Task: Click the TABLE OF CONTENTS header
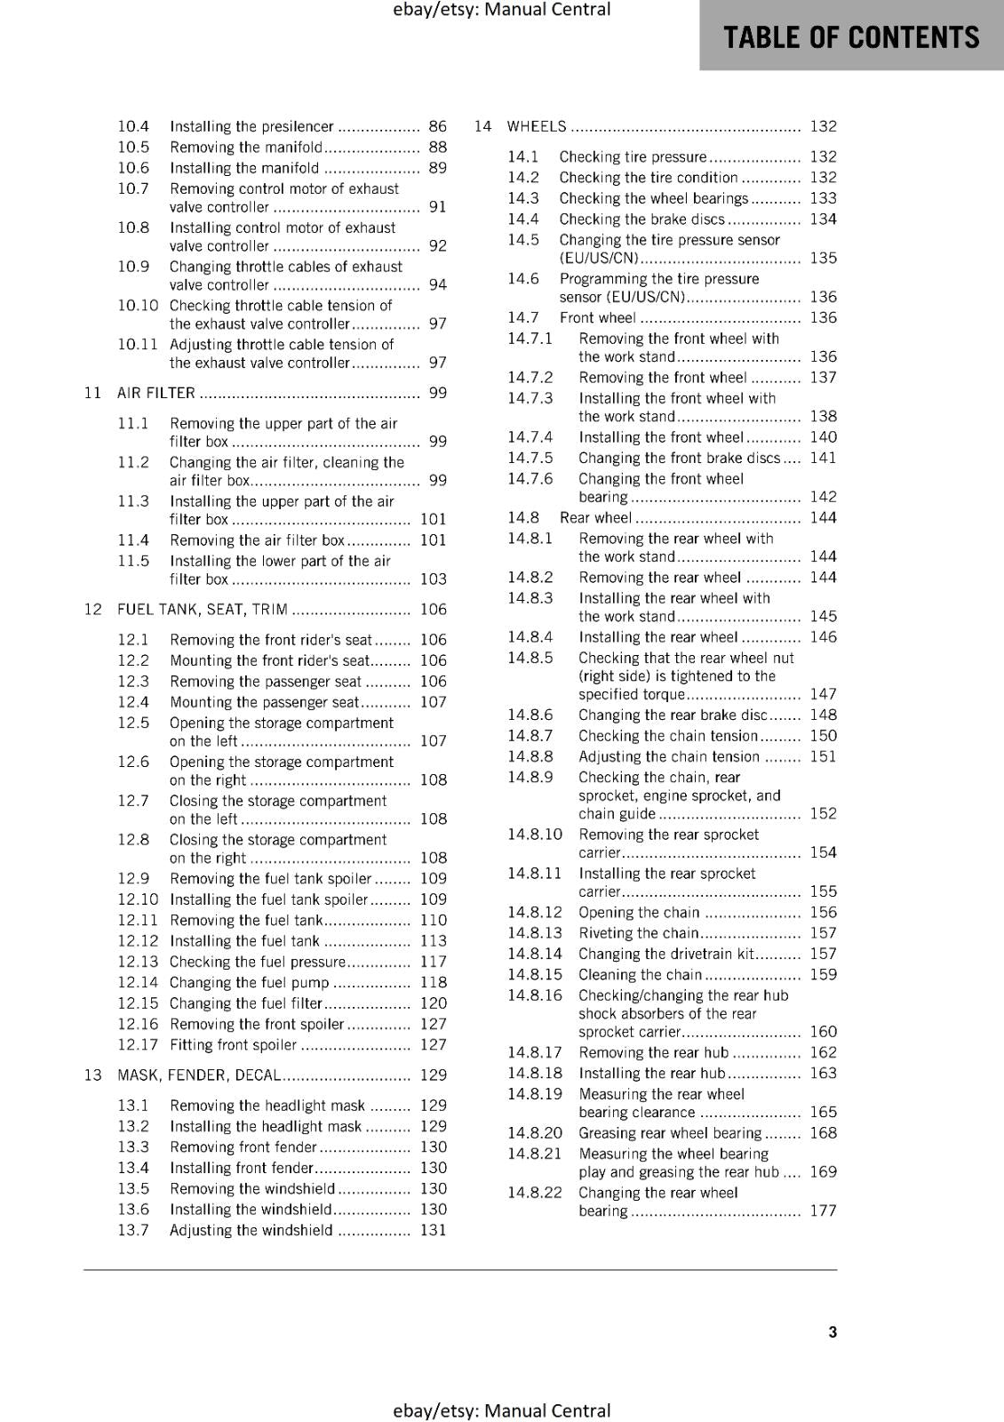click(851, 37)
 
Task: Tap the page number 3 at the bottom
click(833, 1331)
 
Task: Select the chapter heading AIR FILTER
click(156, 393)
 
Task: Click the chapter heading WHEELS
click(537, 126)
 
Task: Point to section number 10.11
click(138, 344)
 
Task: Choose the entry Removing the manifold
click(246, 148)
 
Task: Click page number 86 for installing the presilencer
click(437, 126)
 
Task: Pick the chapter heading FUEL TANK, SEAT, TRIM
click(203, 610)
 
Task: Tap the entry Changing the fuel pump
click(249, 983)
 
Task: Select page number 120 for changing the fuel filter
click(434, 1003)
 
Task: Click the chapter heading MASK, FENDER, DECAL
click(199, 1075)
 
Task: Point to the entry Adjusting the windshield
click(251, 1231)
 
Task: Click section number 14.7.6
click(530, 479)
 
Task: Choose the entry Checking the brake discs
click(641, 220)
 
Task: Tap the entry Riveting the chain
click(638, 933)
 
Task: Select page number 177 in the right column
click(823, 1210)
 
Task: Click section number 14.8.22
click(535, 1193)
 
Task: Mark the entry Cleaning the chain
click(640, 975)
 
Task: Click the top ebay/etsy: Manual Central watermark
click(501, 10)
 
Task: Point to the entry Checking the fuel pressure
click(257, 962)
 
